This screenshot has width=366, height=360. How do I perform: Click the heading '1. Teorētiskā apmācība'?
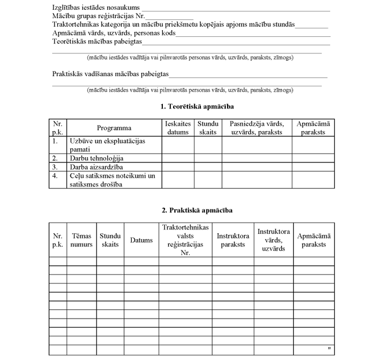click(x=197, y=106)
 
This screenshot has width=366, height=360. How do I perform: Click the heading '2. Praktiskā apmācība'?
click(x=197, y=210)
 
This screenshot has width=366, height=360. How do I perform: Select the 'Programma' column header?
click(x=114, y=128)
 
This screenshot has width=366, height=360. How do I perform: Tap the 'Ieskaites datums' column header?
click(x=178, y=128)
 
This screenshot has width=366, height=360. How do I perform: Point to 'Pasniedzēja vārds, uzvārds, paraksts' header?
click(x=256, y=128)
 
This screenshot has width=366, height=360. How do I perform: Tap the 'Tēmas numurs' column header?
click(x=81, y=240)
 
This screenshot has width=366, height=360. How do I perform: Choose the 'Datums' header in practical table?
click(x=141, y=240)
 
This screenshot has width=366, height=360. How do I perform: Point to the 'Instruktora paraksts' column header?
click(x=233, y=240)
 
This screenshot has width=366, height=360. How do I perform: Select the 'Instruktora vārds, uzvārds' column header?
click(x=274, y=240)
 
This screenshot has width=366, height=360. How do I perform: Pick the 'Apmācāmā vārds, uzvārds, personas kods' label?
click(x=113, y=34)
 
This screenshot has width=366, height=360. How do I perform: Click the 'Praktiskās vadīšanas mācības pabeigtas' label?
click(x=110, y=74)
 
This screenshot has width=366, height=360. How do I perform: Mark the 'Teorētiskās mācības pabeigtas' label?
click(x=97, y=42)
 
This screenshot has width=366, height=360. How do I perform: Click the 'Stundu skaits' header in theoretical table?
click(x=208, y=128)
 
